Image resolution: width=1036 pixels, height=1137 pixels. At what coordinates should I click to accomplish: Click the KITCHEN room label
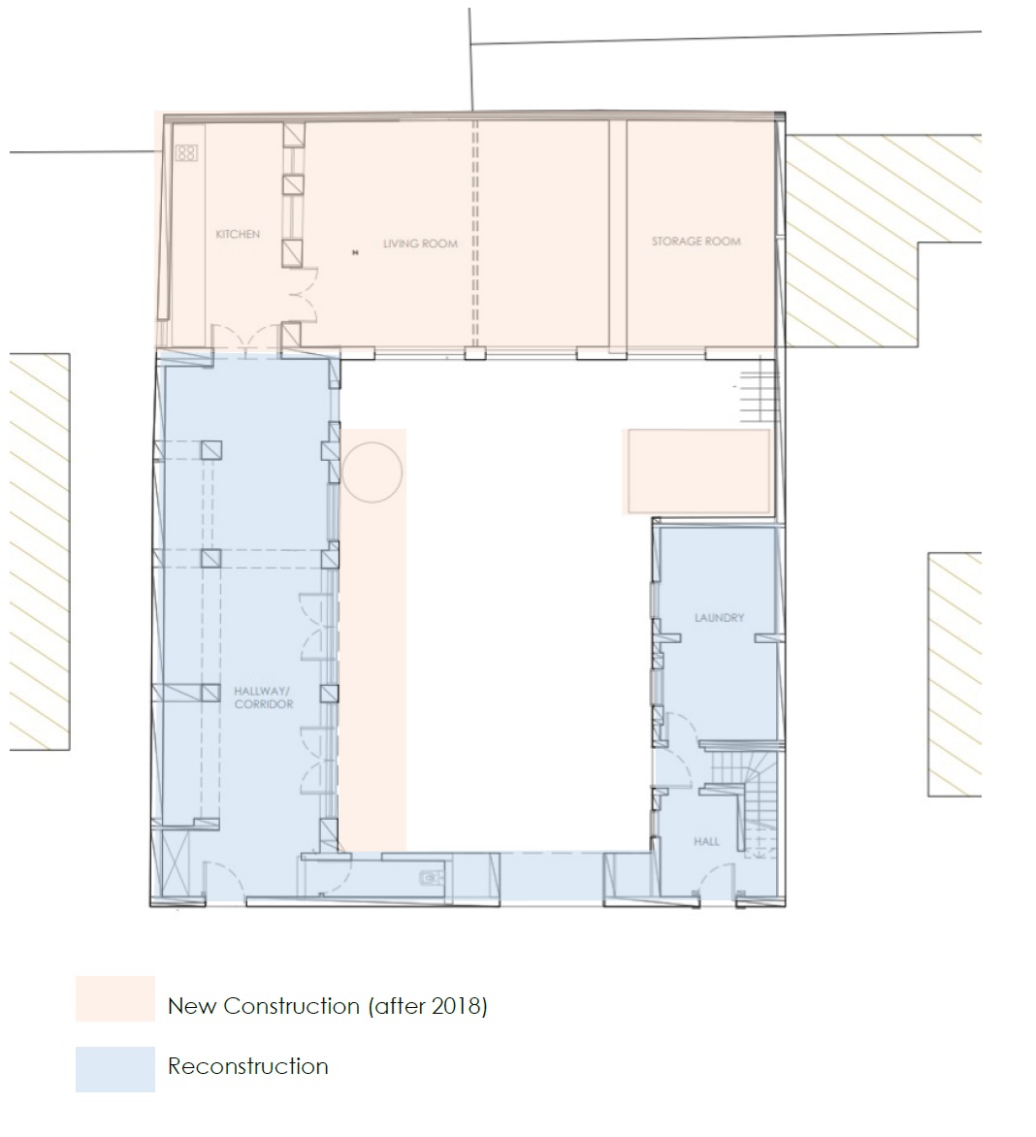[x=237, y=234]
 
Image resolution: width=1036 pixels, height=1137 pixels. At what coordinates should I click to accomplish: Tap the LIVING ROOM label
[x=420, y=244]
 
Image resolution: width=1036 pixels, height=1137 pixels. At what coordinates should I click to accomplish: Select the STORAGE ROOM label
[x=696, y=242]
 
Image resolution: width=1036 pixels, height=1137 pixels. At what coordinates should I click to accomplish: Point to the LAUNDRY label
[x=719, y=618]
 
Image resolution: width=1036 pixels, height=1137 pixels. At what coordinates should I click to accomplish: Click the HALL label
[x=706, y=841]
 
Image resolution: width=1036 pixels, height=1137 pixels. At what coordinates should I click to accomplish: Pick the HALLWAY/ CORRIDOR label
[x=263, y=698]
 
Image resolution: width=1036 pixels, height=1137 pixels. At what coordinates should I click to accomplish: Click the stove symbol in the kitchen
[x=186, y=153]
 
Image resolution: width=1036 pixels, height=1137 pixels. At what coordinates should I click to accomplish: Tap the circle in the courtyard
[x=372, y=472]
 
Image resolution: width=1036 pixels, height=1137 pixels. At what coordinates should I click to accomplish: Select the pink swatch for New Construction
[x=115, y=998]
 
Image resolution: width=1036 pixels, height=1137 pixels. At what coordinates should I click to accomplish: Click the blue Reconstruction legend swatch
[x=115, y=1069]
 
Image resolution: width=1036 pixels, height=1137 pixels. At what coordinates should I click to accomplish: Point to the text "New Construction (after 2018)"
[x=328, y=1006]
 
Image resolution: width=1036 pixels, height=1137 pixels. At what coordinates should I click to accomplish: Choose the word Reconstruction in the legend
[x=248, y=1066]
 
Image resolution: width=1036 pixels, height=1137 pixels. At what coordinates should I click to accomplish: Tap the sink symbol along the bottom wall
[x=432, y=879]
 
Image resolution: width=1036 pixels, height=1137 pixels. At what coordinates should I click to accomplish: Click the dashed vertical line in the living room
[x=475, y=234]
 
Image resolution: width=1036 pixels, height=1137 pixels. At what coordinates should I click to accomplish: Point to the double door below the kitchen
[x=246, y=341]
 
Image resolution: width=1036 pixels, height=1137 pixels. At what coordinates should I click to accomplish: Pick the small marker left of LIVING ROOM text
[x=355, y=252]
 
